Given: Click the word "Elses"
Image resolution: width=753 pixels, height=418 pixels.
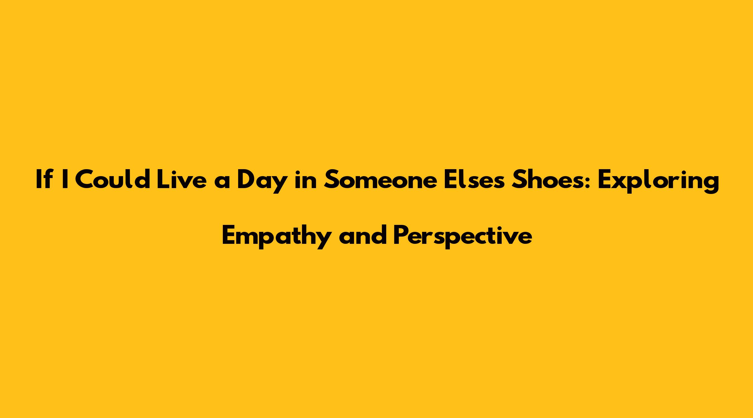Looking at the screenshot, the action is tap(474, 179).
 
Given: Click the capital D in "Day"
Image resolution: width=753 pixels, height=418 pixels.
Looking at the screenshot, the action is tap(247, 179).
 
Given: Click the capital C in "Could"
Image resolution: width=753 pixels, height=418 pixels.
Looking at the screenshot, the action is tap(85, 179).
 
